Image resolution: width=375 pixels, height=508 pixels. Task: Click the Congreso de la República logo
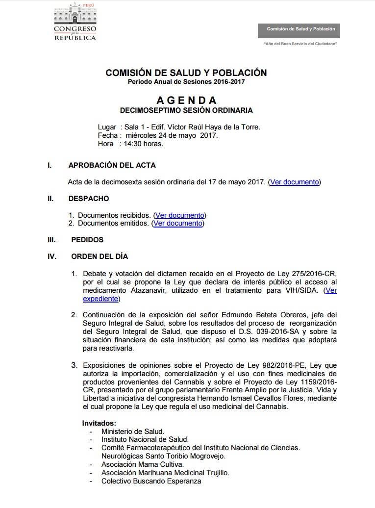coord(75,22)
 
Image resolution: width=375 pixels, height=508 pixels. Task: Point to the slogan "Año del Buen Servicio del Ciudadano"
coord(300,44)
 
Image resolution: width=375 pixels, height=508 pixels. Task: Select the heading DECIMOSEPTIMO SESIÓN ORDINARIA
coord(186,111)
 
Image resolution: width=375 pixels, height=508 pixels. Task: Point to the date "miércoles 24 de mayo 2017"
coord(172,135)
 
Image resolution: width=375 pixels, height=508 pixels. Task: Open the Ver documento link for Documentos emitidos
coord(177,223)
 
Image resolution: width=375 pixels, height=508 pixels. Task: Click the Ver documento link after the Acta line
coord(294,182)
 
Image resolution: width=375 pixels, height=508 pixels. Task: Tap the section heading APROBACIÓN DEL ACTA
coord(112,165)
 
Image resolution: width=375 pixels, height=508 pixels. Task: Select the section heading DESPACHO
coord(89,199)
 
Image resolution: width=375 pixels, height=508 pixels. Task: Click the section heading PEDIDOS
coord(87,240)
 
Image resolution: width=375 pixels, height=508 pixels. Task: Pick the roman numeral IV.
coord(51,256)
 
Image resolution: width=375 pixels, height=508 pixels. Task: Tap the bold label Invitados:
coord(99,423)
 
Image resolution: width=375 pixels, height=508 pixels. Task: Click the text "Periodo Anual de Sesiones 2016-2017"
coord(186,82)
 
